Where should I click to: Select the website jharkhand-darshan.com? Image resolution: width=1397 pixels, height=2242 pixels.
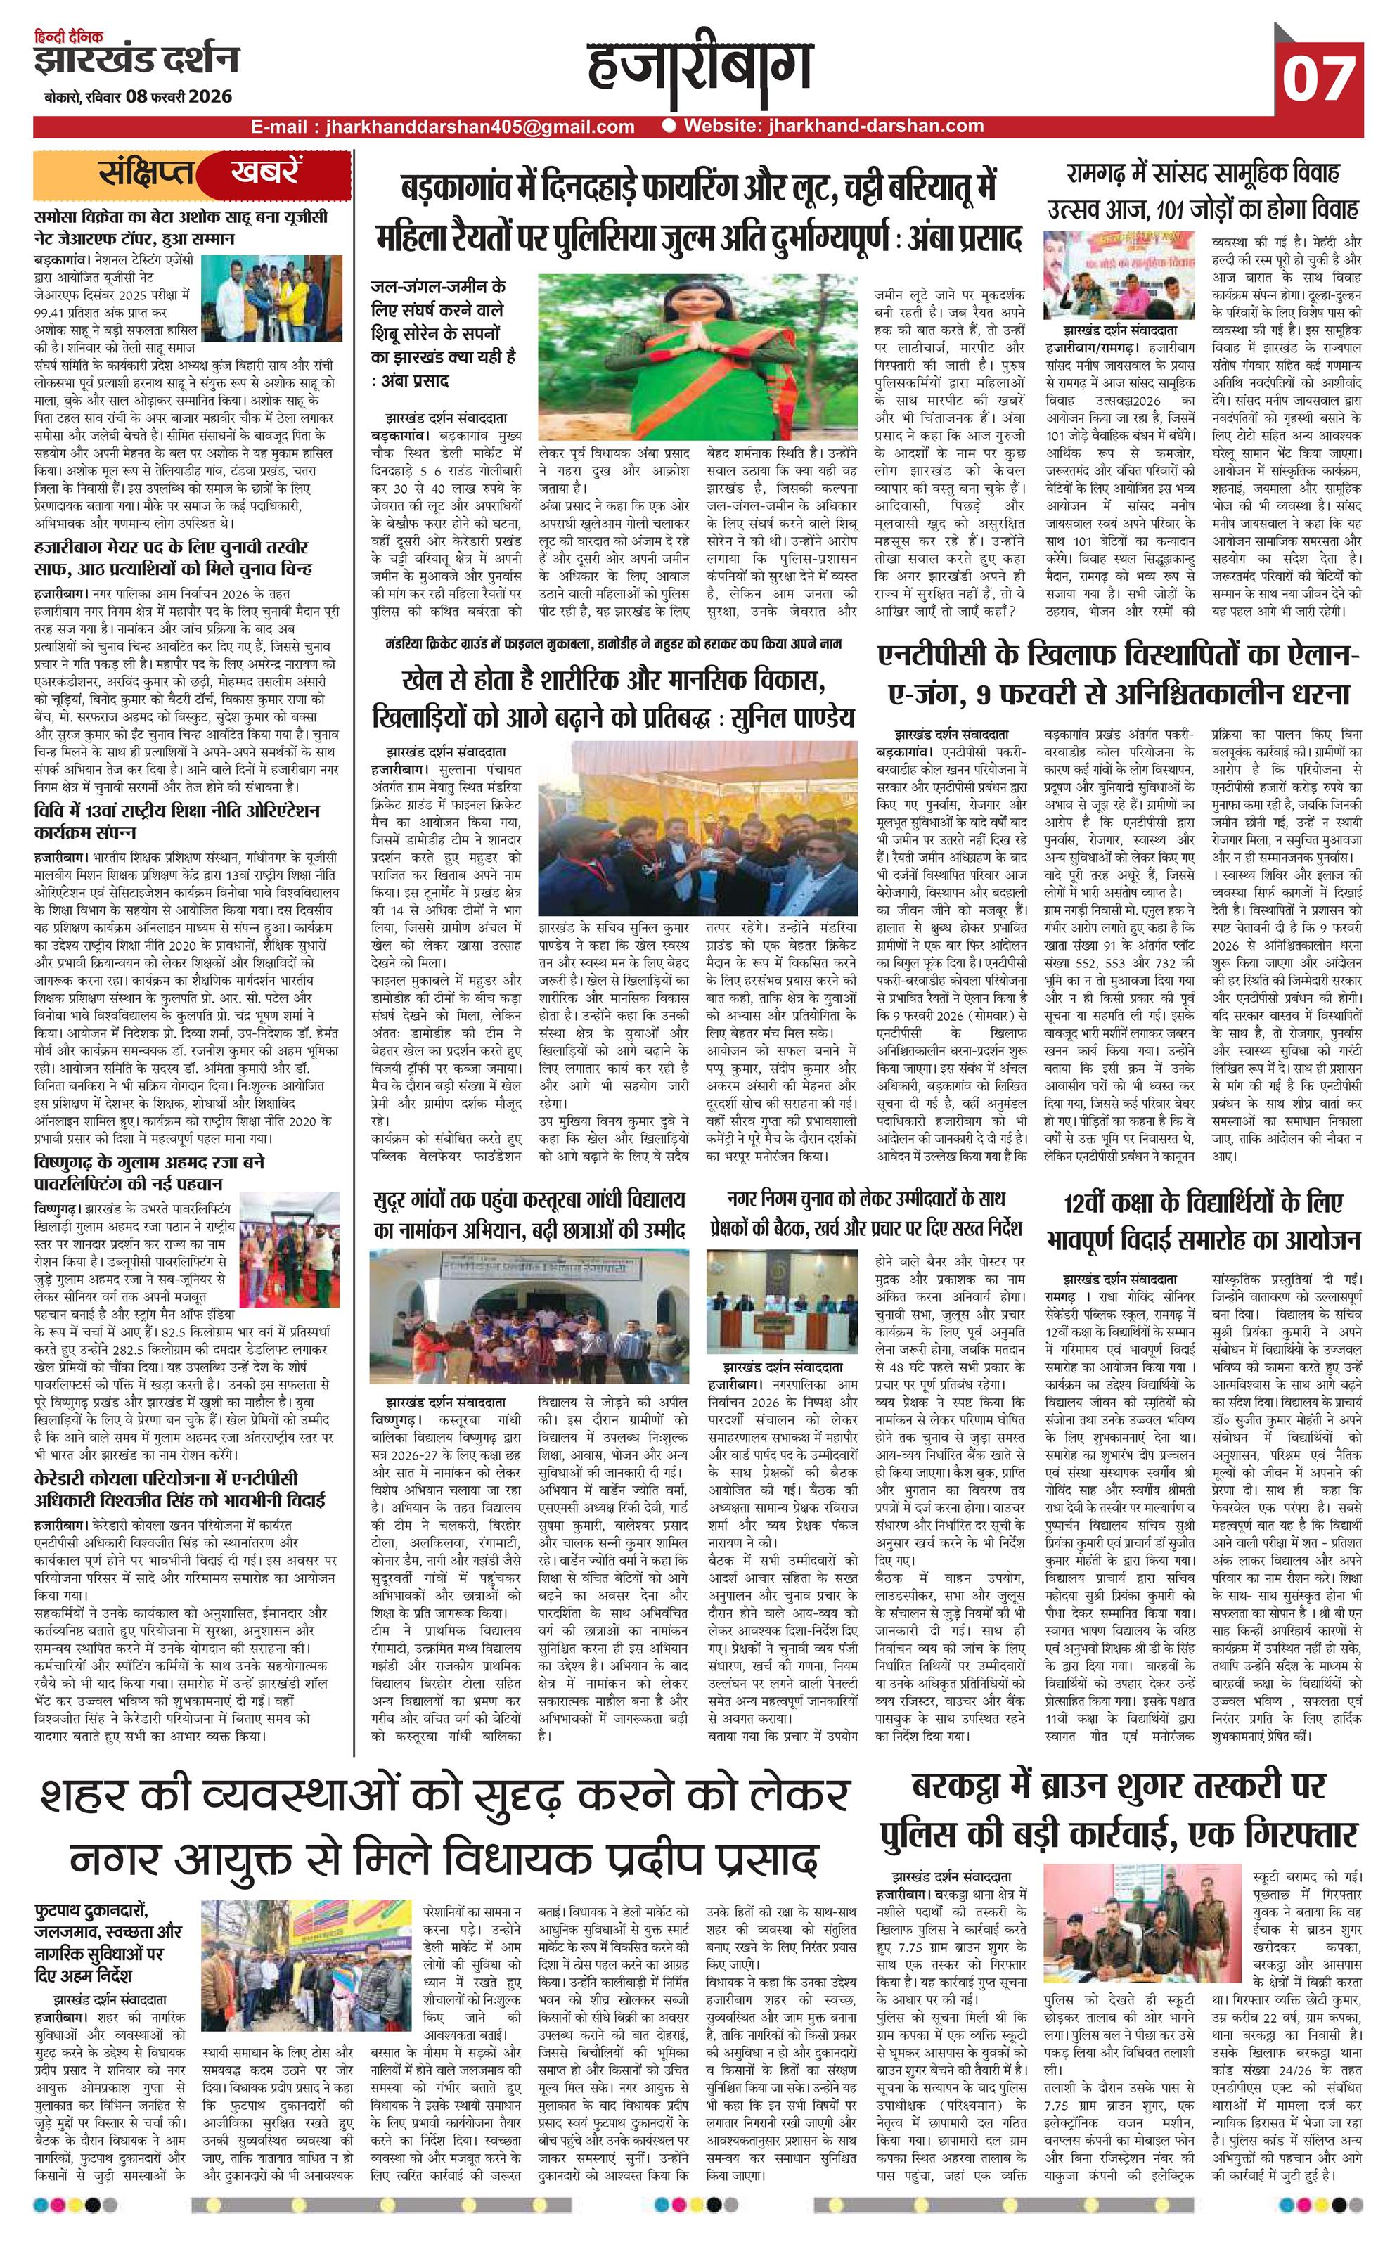(x=832, y=127)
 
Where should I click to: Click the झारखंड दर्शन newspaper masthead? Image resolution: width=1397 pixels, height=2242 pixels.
(x=136, y=60)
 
